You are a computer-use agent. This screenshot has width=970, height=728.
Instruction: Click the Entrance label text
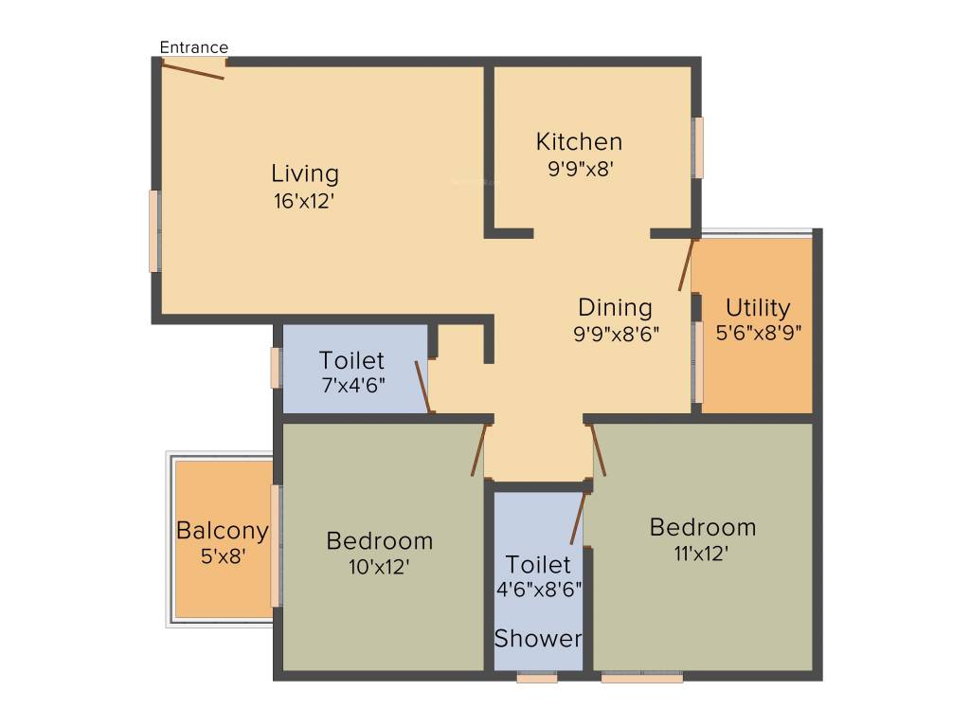click(193, 47)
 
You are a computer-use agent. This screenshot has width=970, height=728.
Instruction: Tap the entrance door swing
click(194, 69)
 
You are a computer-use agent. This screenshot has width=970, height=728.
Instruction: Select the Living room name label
click(304, 174)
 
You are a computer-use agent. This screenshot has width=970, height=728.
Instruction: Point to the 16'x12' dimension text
click(304, 201)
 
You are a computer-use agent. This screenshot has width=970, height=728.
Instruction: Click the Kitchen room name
click(579, 142)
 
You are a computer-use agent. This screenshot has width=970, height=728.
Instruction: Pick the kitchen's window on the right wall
click(698, 147)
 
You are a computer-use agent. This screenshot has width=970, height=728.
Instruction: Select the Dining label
click(615, 308)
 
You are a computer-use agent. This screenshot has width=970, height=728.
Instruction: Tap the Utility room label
click(758, 308)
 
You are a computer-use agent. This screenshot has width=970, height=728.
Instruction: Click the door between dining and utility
click(688, 264)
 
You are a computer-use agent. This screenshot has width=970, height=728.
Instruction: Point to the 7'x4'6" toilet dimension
click(352, 385)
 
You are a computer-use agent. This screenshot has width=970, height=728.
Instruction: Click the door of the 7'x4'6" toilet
click(424, 387)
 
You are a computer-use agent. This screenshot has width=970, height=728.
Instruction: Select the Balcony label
click(223, 530)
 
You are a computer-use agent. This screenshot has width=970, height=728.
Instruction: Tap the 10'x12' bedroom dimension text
click(379, 567)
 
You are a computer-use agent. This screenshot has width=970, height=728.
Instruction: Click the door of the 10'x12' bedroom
click(479, 449)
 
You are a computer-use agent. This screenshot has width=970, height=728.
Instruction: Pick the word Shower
click(538, 639)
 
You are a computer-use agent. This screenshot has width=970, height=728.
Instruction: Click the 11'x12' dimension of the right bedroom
click(702, 553)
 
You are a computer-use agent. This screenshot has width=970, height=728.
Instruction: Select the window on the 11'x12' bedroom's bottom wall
click(641, 678)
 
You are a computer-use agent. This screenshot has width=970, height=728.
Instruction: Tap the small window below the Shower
click(537, 678)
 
